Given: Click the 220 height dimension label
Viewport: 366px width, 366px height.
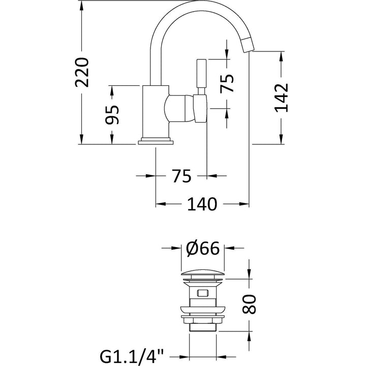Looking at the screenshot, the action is (x=82, y=72).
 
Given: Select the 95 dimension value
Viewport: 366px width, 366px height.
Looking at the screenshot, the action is (x=112, y=114).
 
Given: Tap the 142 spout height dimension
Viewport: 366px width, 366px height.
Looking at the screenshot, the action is (x=281, y=97).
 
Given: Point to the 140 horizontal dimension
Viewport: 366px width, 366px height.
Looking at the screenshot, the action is (x=202, y=204).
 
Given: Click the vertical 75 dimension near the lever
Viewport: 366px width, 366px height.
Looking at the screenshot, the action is (x=227, y=83).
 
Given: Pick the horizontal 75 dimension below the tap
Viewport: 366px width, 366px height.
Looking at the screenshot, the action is (x=181, y=175).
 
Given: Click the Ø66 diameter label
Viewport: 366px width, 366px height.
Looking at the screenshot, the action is (x=203, y=248).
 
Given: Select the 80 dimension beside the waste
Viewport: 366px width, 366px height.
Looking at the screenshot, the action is (x=249, y=304).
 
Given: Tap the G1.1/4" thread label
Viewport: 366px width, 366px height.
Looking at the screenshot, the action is (x=132, y=357).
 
